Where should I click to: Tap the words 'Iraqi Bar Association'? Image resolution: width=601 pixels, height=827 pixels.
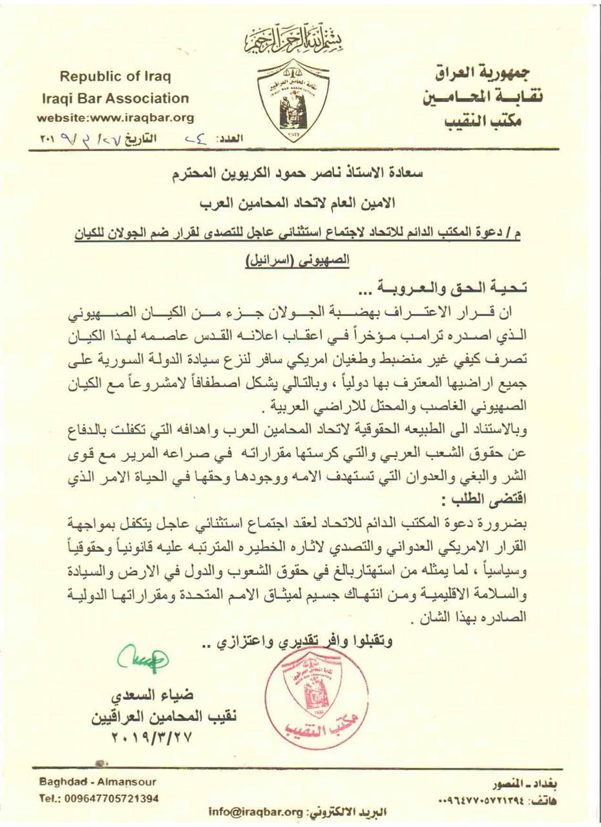(x=115, y=99)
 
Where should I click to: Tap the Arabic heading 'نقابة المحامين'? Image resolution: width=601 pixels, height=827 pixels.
(x=485, y=98)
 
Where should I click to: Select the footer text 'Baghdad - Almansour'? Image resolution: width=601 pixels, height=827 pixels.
(x=97, y=781)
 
